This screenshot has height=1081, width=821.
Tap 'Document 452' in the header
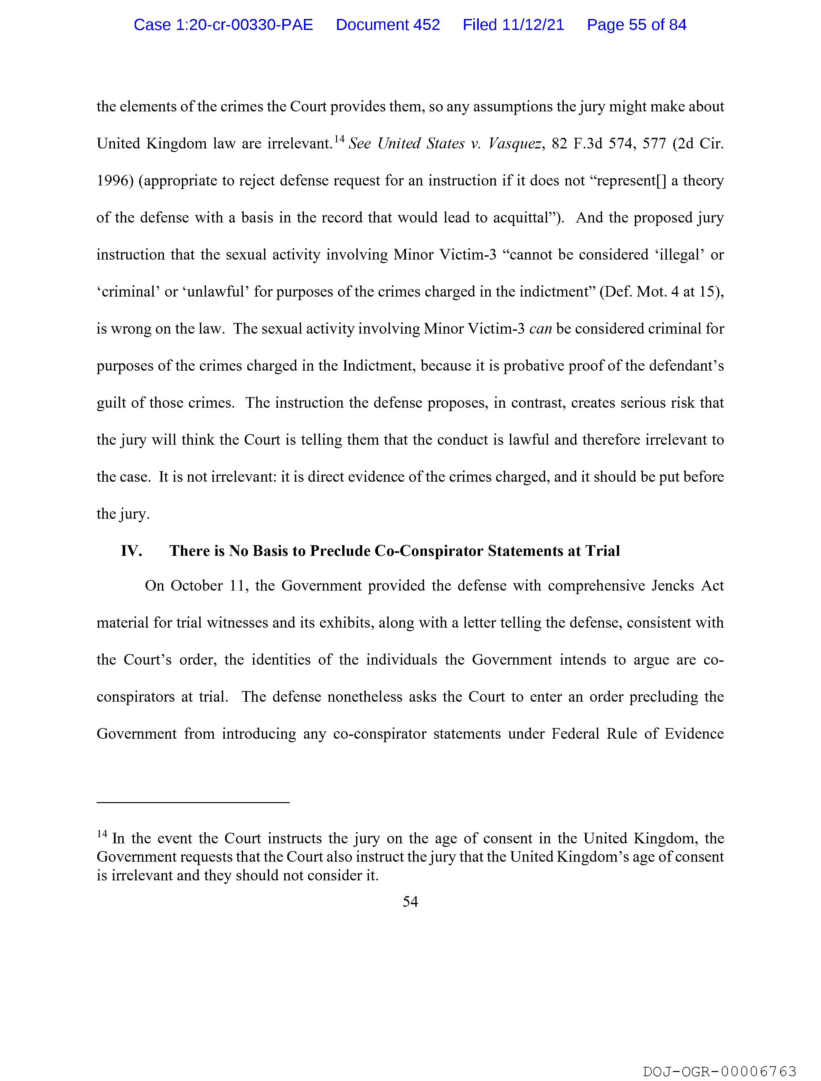(x=388, y=25)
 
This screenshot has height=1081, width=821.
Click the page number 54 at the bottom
(x=410, y=902)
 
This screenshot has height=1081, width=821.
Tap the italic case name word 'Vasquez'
(x=514, y=144)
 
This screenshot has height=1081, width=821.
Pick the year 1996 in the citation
(x=112, y=181)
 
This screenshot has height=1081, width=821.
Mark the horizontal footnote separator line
(x=193, y=802)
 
